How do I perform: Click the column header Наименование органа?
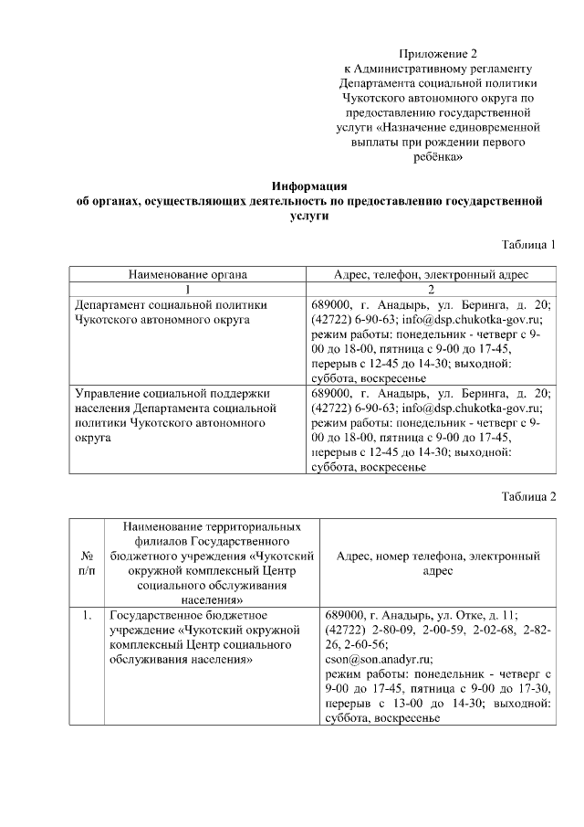click(188, 273)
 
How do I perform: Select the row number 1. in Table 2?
click(89, 615)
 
